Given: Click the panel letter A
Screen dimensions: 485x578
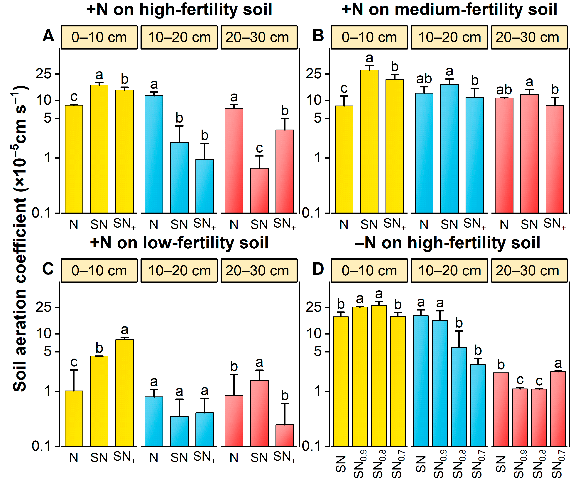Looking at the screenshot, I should tap(48, 36).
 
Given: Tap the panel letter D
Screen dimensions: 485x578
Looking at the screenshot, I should tap(318, 269).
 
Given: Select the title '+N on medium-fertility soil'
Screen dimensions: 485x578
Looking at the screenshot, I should tap(449, 9).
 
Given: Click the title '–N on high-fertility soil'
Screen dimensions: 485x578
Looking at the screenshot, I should tap(447, 243).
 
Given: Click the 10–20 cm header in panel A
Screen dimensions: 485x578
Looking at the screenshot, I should tap(179, 37).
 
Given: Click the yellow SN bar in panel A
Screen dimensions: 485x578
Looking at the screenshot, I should tap(99, 149).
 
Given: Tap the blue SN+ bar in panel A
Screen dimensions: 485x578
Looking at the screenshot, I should tap(205, 186).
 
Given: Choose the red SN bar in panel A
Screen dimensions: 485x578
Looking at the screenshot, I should tap(259, 190).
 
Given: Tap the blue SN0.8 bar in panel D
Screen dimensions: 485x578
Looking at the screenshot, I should tap(459, 396).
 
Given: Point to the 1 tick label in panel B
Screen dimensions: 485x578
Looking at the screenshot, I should tap(318, 158).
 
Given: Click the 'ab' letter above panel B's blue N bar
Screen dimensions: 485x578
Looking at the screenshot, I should tap(424, 79).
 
